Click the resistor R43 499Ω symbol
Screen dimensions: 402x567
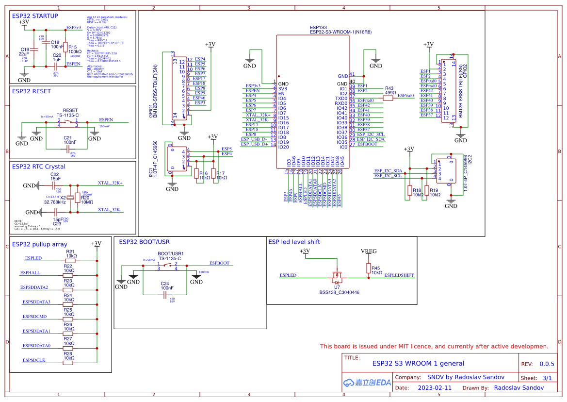[x=388, y=98]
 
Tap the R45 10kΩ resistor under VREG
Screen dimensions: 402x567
[x=367, y=268]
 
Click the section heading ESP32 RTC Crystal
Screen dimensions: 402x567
[x=38, y=167]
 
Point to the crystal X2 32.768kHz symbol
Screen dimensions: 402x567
[x=70, y=197]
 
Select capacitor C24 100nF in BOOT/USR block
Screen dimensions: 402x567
[x=165, y=294]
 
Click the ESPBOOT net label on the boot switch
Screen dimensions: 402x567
[x=219, y=263]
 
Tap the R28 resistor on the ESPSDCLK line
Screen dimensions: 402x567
[x=68, y=363]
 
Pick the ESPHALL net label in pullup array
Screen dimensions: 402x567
[x=30, y=273]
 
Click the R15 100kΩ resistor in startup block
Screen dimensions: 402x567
[x=65, y=47]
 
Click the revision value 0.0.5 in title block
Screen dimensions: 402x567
[x=547, y=364]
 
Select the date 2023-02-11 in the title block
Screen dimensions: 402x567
[x=435, y=388]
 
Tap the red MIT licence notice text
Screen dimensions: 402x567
[x=434, y=346]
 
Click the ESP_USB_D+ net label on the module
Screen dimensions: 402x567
[x=254, y=144]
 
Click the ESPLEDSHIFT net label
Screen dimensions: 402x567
[x=399, y=275]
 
